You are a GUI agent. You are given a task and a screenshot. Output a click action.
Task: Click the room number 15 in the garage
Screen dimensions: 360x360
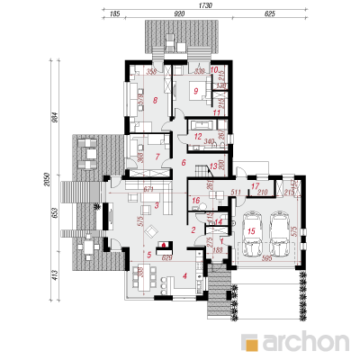[x=252, y=232]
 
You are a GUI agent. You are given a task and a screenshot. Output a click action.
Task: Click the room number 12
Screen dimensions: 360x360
[x=196, y=136]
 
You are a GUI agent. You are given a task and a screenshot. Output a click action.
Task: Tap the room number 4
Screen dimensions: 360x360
[x=184, y=275]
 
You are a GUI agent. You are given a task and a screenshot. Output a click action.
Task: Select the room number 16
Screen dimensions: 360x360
[x=195, y=200]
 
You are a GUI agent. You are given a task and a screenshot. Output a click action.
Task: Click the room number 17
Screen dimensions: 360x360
[x=256, y=185]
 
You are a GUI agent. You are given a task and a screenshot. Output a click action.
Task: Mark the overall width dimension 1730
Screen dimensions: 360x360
[x=206, y=5]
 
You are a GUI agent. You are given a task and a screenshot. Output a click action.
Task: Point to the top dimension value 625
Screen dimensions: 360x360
[x=270, y=15]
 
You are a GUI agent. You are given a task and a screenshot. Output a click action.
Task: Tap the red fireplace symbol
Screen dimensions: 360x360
[x=163, y=245]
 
